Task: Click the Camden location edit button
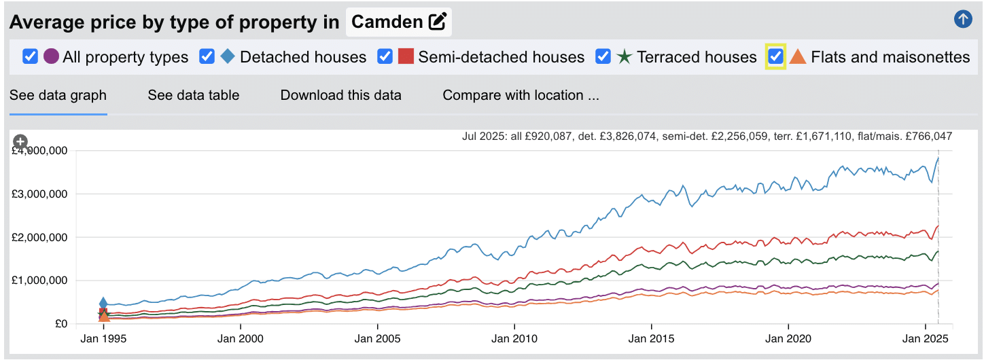coord(438,22)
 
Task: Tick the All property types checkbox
coord(30,56)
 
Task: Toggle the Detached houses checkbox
coord(207,56)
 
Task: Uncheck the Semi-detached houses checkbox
coord(385,56)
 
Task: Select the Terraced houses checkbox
coord(603,56)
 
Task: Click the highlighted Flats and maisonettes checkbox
coord(776,56)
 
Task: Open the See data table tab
coord(194,95)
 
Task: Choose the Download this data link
coord(340,95)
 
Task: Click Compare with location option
coord(521,95)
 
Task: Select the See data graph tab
coord(58,95)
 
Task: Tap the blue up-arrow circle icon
coord(963,20)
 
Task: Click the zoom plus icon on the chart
coord(20,141)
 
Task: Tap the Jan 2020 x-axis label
coord(788,338)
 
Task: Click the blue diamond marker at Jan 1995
coord(103,304)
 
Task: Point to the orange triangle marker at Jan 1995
coord(104,316)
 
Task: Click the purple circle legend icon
coord(51,56)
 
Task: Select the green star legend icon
coord(625,56)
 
